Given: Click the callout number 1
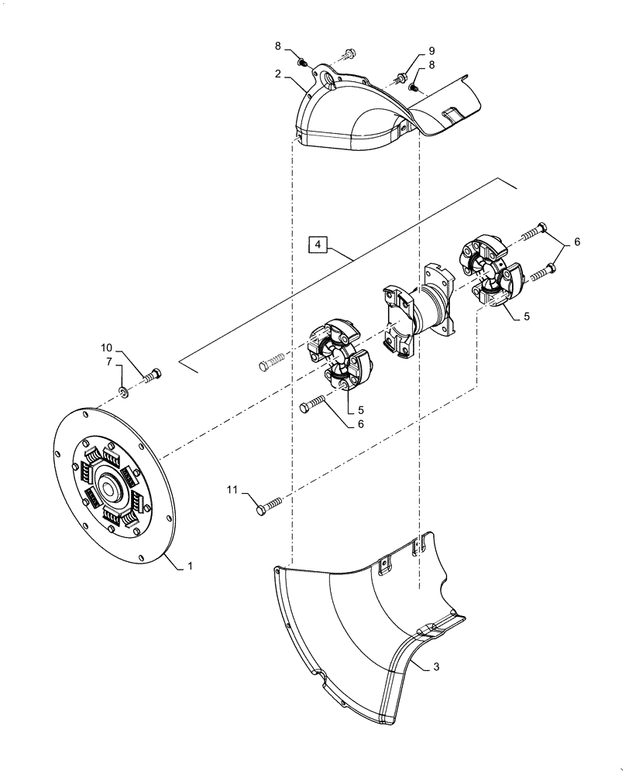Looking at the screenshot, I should pyautogui.click(x=190, y=566).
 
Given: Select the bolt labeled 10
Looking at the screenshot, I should pyautogui.click(x=152, y=377).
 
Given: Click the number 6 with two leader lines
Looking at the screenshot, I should pyautogui.click(x=576, y=242).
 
